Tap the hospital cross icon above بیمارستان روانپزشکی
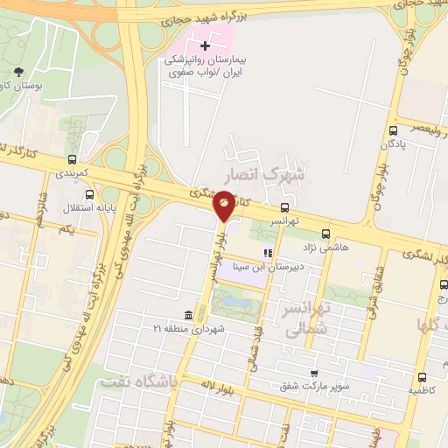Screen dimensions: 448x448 [205, 45]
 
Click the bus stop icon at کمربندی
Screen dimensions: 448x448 [72, 160]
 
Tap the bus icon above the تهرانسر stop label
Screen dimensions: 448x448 [284, 208]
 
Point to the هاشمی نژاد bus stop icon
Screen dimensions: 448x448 [325, 234]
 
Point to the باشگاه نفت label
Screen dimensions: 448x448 [138, 382]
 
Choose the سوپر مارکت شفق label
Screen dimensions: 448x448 [315, 385]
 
